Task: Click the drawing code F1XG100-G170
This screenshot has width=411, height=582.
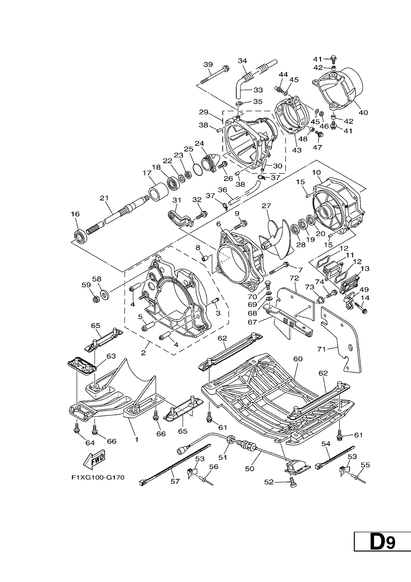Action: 98,477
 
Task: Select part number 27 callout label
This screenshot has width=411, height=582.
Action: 266,206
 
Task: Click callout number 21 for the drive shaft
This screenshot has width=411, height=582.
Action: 104,198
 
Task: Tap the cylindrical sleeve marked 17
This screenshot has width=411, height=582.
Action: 158,191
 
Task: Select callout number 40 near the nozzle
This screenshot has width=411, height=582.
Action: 363,113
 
